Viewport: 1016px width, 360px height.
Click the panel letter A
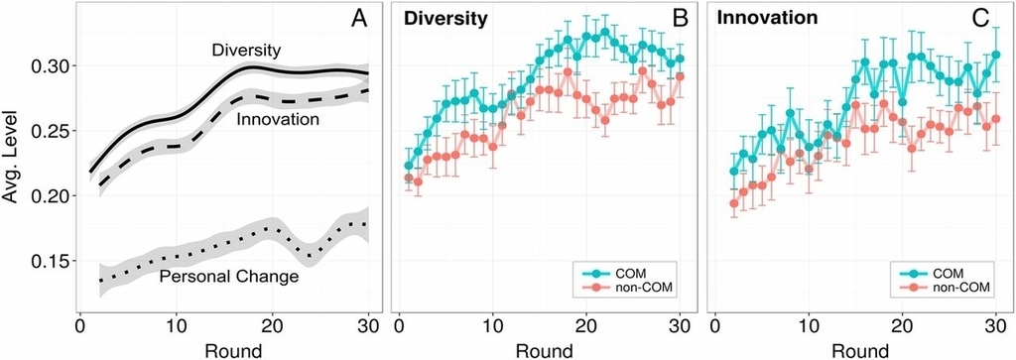click(359, 20)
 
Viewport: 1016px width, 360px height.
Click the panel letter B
click(681, 20)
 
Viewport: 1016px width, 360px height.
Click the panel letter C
click(981, 20)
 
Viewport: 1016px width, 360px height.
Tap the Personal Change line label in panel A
click(228, 277)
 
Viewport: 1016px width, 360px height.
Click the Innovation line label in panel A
click(278, 119)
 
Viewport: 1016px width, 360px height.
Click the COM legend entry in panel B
click(621, 271)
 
